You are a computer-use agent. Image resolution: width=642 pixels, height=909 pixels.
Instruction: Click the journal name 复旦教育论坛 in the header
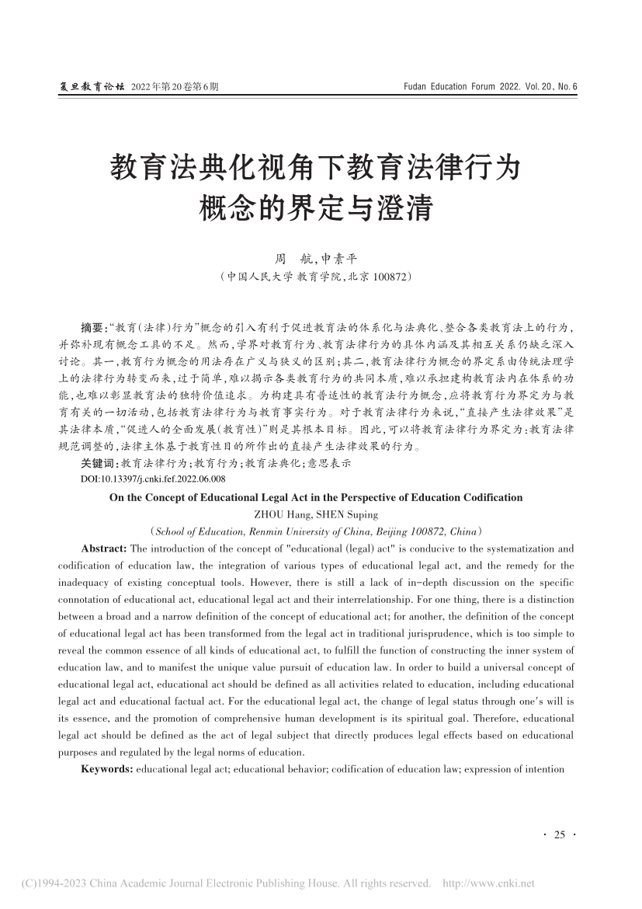coord(92,87)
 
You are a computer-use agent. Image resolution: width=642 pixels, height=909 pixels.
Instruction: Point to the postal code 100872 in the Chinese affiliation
coord(386,276)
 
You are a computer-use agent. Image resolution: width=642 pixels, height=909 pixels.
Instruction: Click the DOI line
coord(152,480)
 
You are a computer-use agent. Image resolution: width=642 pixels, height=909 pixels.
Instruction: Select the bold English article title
coord(321,497)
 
